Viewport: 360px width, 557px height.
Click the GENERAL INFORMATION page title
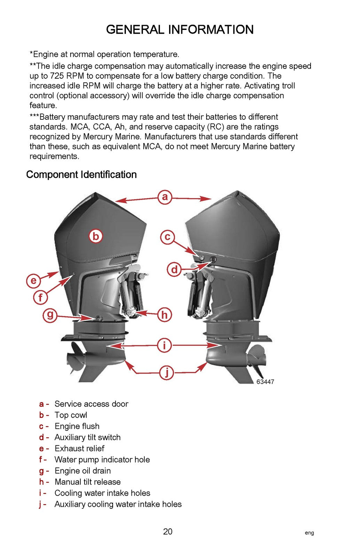180,30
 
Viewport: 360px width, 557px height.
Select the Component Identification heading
81,174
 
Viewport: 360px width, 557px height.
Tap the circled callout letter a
165,197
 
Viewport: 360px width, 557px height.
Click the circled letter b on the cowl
95,236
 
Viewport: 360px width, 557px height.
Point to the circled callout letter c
167,237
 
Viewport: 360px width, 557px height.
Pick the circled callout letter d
174,269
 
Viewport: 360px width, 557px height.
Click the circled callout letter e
33,281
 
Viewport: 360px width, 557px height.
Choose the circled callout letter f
41,298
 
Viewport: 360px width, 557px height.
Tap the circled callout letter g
50,315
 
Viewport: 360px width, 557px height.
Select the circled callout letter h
164,315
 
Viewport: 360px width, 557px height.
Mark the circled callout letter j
167,372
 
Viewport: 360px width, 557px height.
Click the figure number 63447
265,382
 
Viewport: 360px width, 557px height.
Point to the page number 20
168,532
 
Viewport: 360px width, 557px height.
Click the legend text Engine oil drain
83,471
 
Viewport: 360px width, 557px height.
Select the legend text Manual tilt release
88,482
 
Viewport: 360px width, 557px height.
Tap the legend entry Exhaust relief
79,448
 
